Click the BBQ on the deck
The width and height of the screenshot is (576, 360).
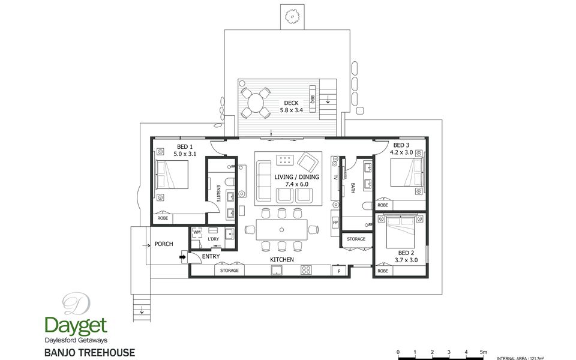coord(313,99)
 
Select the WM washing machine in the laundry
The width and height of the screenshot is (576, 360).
coord(197,233)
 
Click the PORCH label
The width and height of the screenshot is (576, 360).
coord(163,244)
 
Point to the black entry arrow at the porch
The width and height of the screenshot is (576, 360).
coord(183,257)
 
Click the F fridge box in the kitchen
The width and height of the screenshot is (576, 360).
coord(339,271)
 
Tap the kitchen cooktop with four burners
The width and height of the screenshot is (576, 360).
coord(306,271)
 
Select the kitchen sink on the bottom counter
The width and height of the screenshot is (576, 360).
coord(277,271)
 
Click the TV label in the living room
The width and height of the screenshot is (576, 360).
coord(335,178)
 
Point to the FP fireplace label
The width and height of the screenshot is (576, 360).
coord(335,223)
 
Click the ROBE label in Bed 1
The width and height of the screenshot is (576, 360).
coord(163,218)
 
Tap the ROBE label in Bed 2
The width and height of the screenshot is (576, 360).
coord(383,271)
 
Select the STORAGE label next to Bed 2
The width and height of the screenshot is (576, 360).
coord(356,239)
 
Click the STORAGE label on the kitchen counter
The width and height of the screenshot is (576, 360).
coord(229,271)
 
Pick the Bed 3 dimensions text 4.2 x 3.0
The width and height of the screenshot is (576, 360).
coord(401,152)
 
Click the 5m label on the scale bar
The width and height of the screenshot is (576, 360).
coord(484,352)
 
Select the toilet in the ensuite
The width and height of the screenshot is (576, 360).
coord(230,182)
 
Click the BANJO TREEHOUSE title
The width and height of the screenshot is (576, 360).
coord(89,353)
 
